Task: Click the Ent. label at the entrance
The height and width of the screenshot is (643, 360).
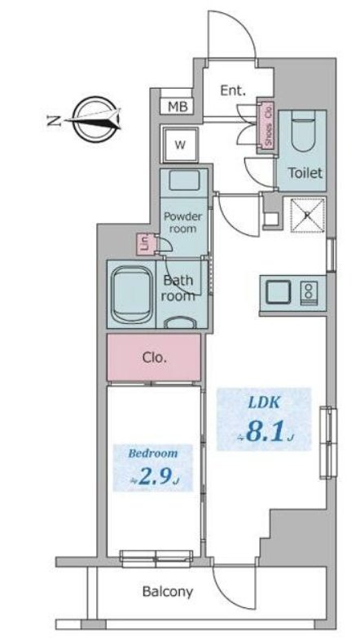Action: [x=232, y=90]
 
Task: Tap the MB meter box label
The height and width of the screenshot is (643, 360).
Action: [x=178, y=107]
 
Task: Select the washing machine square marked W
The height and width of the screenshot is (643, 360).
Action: [x=180, y=144]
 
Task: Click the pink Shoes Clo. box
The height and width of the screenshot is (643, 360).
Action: [x=268, y=125]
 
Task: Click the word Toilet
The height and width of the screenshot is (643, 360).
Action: [x=304, y=173]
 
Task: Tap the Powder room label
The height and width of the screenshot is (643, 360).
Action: [x=182, y=222]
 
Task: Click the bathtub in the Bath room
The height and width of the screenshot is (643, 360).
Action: [x=131, y=294]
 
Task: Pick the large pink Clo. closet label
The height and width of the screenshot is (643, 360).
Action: [x=155, y=358]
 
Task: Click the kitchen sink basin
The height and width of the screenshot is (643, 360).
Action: [x=279, y=292]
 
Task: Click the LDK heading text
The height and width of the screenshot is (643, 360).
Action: [x=264, y=403]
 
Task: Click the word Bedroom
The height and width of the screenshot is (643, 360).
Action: [x=152, y=453]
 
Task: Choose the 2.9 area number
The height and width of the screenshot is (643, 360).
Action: [x=155, y=475]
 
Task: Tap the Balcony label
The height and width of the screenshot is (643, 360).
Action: [x=168, y=592]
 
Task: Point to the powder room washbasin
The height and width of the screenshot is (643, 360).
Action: [x=184, y=180]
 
